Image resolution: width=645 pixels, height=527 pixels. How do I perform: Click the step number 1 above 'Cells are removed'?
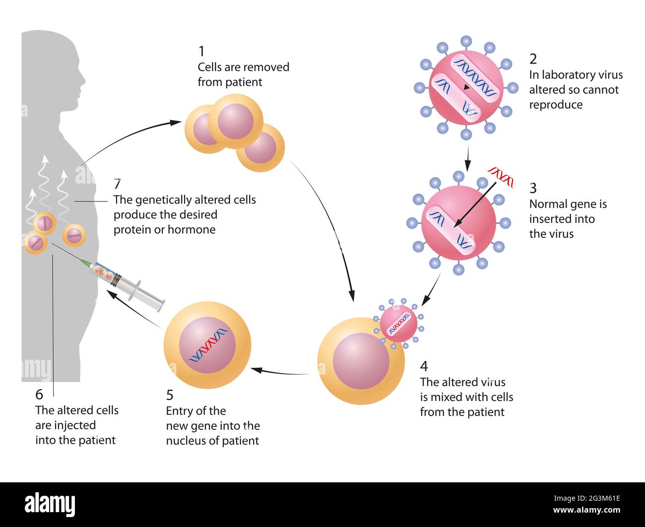[201, 51]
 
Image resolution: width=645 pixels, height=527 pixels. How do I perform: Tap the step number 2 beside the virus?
[533, 59]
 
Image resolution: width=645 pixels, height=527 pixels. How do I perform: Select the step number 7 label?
[117, 184]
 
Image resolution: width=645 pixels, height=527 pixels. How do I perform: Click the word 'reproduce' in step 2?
[556, 105]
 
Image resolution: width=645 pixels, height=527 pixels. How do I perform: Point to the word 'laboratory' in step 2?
[569, 75]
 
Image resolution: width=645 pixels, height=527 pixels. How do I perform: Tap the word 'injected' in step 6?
[75, 425]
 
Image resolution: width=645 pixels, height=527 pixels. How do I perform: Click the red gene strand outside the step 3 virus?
[501, 173]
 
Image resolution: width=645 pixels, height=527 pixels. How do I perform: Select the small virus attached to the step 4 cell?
[399, 324]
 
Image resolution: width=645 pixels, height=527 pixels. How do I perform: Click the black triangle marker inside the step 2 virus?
[466, 88]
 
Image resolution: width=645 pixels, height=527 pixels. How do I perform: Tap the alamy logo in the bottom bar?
[50, 504]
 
